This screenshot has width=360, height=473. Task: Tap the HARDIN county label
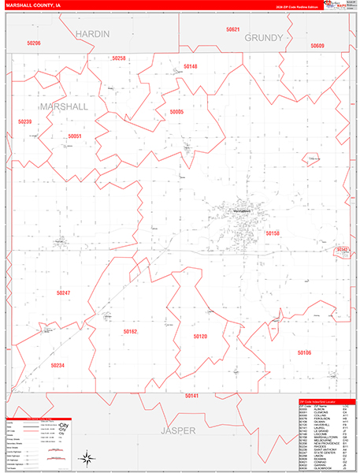point(94,34)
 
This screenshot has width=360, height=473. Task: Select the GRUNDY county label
point(262,38)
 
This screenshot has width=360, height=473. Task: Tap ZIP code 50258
point(118,58)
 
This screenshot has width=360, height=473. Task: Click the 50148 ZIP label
point(190,66)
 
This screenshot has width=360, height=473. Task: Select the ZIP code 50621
point(232,29)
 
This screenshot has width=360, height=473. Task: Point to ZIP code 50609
point(317,47)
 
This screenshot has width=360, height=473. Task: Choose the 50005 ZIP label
point(176,113)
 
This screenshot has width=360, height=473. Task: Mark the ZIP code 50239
point(24,122)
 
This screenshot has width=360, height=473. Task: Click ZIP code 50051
point(75,136)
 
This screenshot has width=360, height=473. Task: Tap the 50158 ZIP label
point(273,233)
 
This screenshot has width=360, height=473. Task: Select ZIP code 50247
point(63,292)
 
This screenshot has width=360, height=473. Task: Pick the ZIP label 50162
point(130,332)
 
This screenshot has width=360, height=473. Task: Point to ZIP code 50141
point(191,395)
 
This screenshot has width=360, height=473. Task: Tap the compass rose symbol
point(84,458)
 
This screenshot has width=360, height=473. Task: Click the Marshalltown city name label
point(235,210)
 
